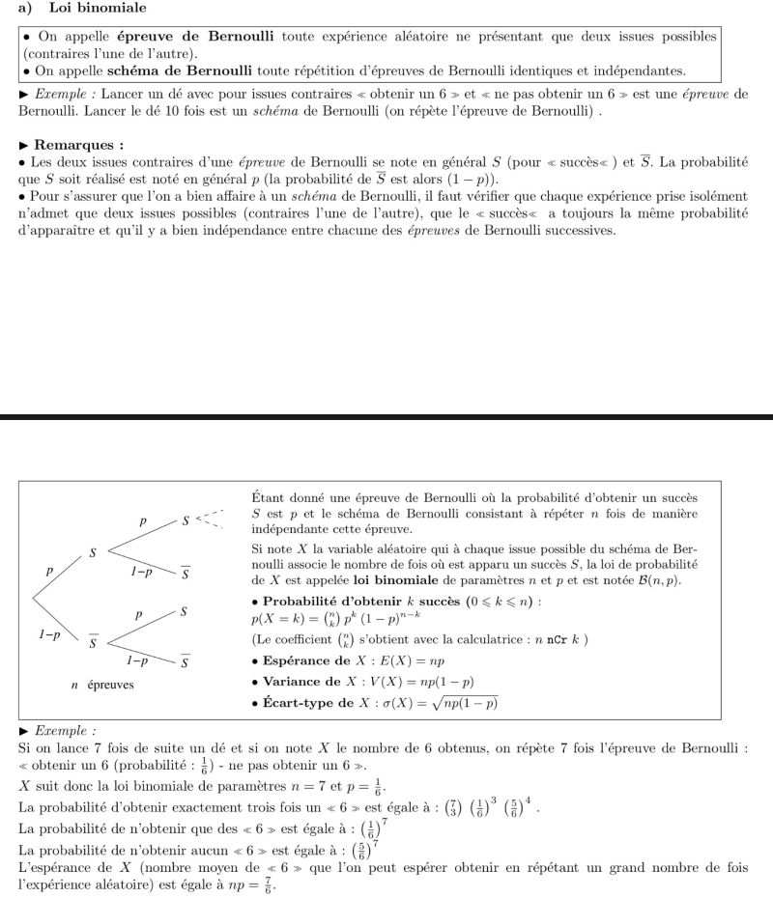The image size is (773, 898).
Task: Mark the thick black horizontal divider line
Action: tap(386, 417)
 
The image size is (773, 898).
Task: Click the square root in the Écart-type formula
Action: tap(466, 703)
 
